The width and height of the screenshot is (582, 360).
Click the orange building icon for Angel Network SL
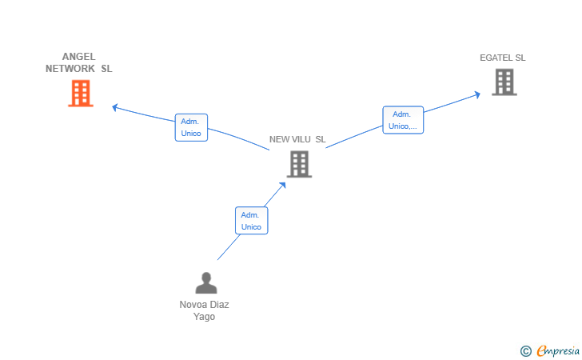pos(81,94)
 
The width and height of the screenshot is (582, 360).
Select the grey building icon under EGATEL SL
pos(504,82)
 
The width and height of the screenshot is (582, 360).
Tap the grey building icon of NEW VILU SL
pos(299,164)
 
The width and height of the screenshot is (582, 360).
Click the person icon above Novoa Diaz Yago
pos(206,283)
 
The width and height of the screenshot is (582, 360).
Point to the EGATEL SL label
pos(503,58)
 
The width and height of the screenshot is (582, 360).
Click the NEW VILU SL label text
pos(297,139)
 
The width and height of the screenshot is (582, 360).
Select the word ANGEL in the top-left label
pos(78,57)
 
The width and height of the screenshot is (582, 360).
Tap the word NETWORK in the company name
pos(70,69)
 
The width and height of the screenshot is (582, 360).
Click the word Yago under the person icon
pos(204,317)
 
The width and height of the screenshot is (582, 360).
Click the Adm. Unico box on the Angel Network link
pos(191,127)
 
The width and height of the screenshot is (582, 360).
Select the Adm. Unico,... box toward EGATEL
pos(403,120)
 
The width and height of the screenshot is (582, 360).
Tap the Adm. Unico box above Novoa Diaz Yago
pos(252,221)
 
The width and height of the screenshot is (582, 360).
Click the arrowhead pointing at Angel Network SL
pos(115,107)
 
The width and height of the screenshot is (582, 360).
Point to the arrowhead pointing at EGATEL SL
pos(477,94)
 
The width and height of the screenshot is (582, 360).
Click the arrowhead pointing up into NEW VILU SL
pos(283,185)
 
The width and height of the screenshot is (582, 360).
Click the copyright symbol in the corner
pos(526,351)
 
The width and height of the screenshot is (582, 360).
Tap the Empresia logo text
pos(558,350)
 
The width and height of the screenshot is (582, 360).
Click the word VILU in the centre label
pos(301,139)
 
